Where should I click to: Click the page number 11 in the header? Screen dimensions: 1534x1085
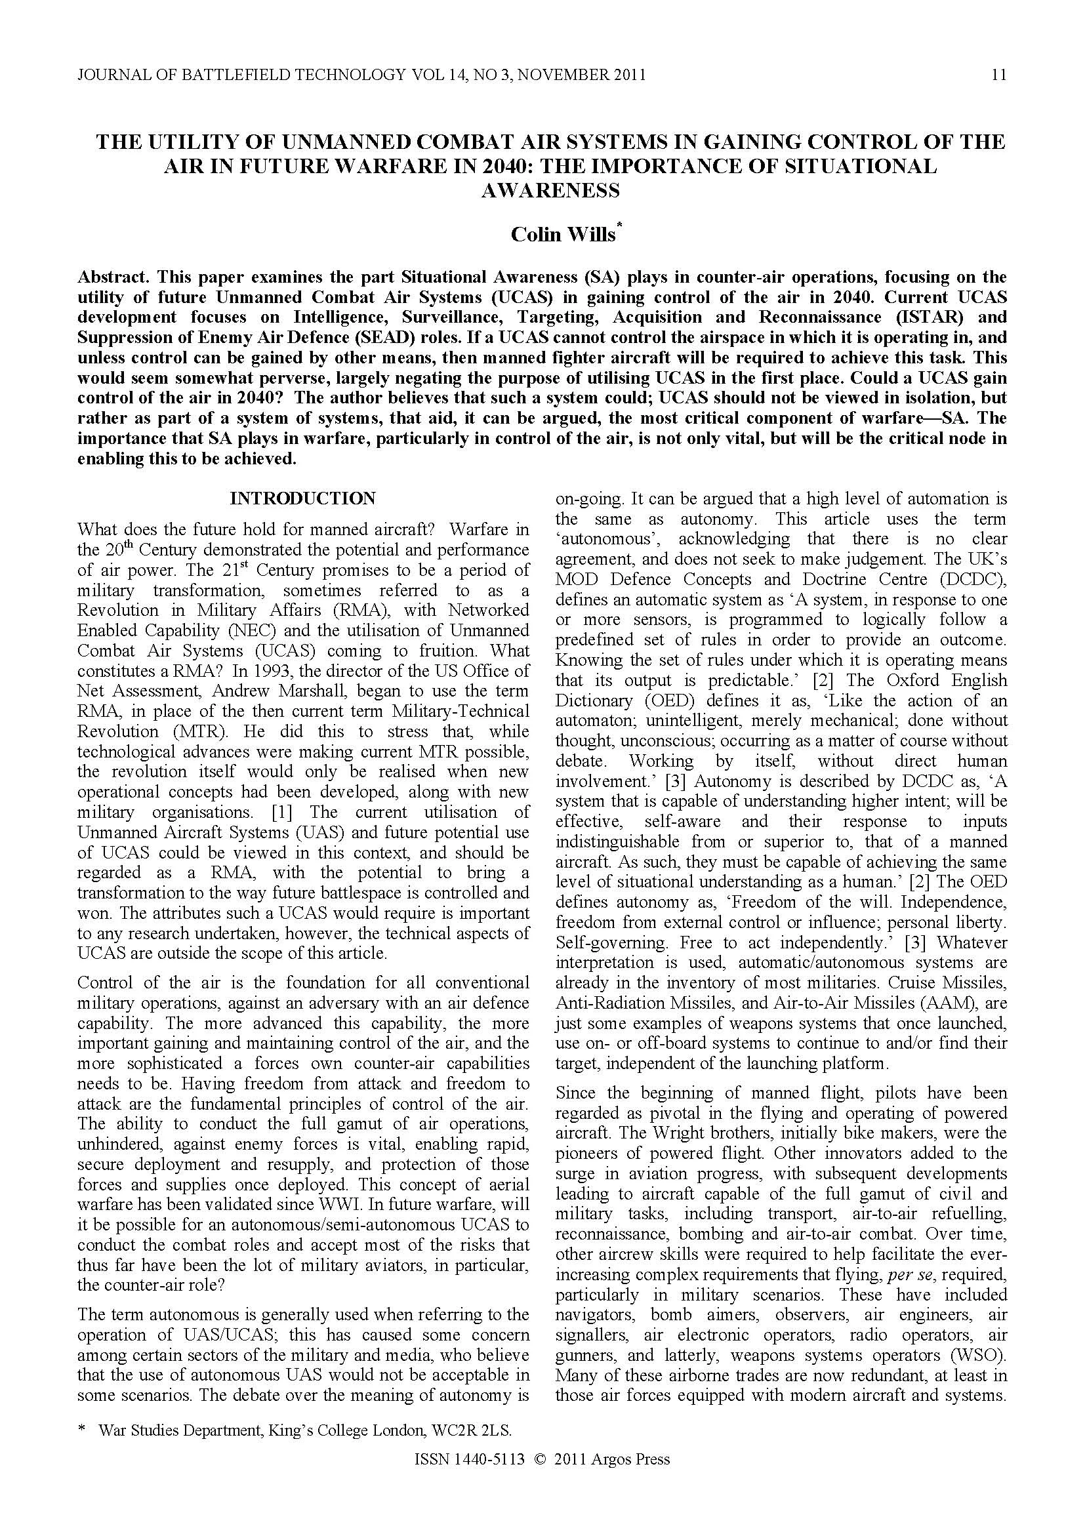click(998, 75)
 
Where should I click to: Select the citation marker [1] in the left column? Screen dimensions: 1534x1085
click(289, 813)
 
